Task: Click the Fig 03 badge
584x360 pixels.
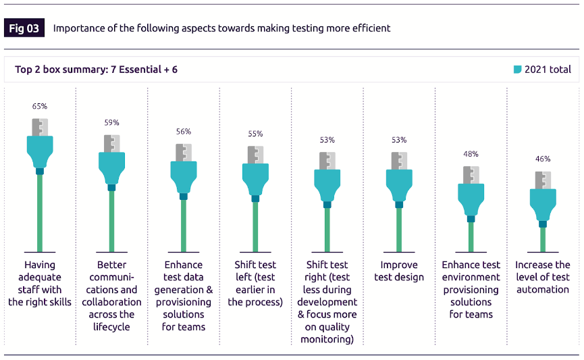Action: click(x=24, y=28)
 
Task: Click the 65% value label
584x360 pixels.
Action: click(x=40, y=106)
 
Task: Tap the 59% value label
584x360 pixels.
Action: click(x=111, y=122)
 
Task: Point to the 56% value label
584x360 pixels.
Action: click(x=184, y=132)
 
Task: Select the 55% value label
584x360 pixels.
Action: click(x=255, y=134)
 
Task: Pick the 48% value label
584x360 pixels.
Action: click(x=471, y=154)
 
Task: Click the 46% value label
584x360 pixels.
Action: click(x=543, y=159)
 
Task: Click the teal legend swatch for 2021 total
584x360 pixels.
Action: click(x=518, y=69)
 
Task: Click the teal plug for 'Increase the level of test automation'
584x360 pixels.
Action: click(x=543, y=204)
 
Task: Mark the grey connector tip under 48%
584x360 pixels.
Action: click(x=471, y=174)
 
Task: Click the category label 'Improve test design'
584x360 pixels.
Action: click(x=399, y=271)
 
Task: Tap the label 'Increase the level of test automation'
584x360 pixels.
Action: click(x=543, y=277)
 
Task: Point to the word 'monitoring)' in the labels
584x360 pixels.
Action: click(x=327, y=339)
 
